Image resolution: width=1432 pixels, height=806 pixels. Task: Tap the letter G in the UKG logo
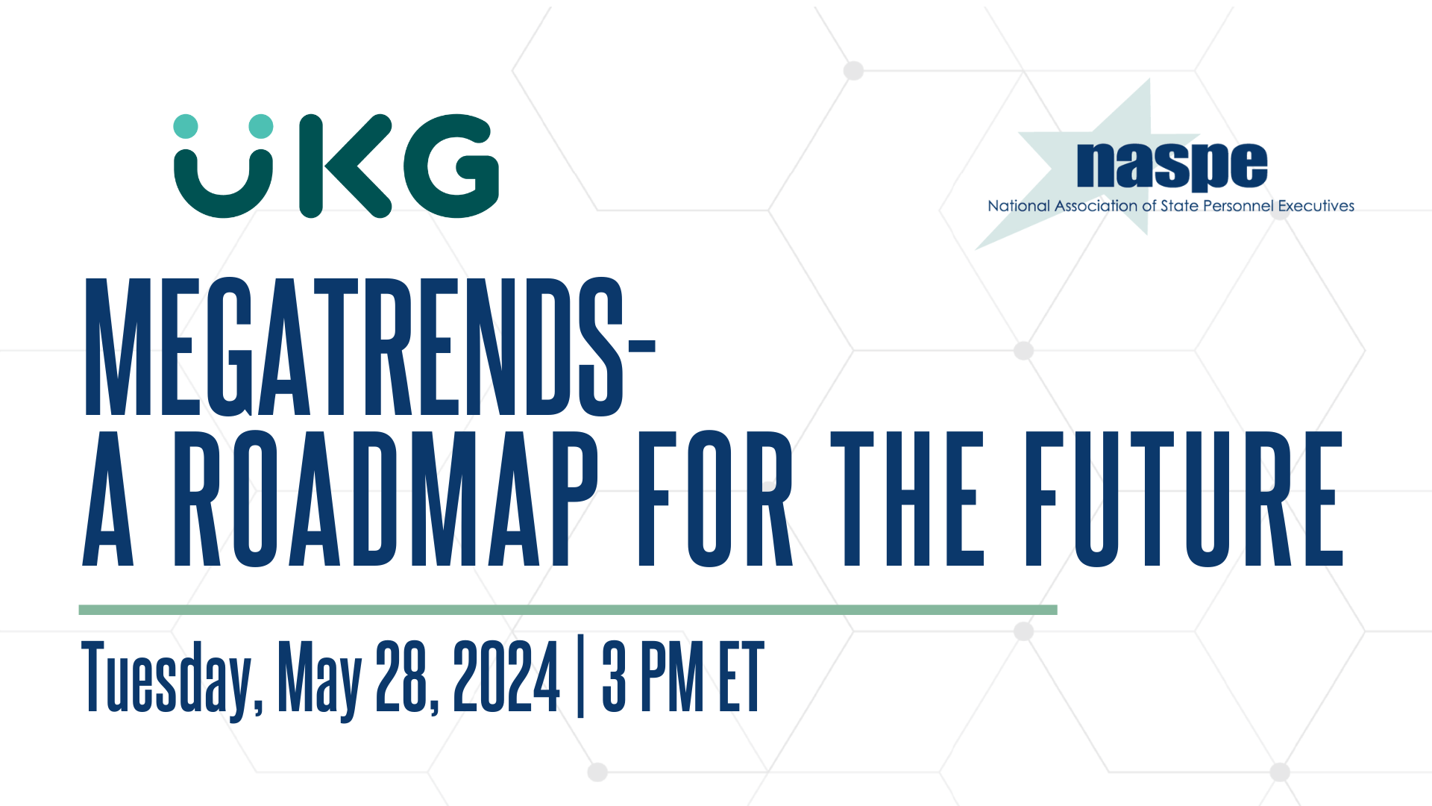[x=451, y=166]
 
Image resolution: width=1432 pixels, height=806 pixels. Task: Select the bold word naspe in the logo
[x=1172, y=166]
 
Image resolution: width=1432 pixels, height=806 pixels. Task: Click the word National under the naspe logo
[x=1019, y=206]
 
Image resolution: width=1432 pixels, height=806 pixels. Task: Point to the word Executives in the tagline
[x=1316, y=206]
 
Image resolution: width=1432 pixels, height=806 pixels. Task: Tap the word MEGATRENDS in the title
[x=354, y=346]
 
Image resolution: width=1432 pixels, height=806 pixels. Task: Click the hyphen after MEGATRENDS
[x=641, y=346]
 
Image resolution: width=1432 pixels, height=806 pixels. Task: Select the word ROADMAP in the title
[x=386, y=499]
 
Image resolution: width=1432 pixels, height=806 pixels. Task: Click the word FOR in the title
[x=715, y=499]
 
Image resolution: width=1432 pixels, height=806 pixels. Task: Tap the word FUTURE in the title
[x=1184, y=499]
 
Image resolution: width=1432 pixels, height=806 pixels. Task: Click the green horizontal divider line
[x=568, y=610]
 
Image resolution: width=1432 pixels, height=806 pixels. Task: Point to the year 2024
[x=506, y=676]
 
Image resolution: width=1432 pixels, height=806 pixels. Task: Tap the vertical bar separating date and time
[x=581, y=678]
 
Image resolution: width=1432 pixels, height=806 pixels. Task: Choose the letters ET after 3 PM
[x=742, y=676]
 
